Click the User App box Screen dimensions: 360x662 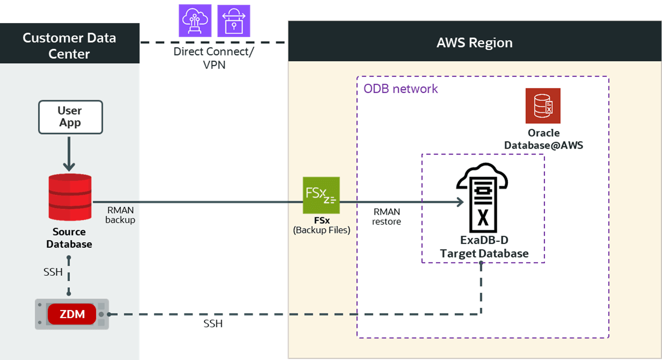point(70,117)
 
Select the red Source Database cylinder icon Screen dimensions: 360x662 point(70,197)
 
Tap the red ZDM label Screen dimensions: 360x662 point(72,314)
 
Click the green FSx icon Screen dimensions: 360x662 point(321,195)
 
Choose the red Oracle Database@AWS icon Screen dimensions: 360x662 point(543,106)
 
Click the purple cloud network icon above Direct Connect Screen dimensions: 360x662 point(195,21)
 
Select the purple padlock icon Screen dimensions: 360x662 point(233,21)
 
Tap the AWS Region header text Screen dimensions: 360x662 point(474,42)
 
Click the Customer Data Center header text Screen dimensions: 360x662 point(69,46)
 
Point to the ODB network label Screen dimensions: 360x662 point(401,89)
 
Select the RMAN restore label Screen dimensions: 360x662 point(386,217)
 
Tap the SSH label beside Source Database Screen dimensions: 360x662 point(53,272)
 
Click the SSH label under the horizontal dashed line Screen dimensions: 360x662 point(213,324)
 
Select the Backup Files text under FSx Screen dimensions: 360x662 point(321,230)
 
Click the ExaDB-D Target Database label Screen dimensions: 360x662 point(484,247)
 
